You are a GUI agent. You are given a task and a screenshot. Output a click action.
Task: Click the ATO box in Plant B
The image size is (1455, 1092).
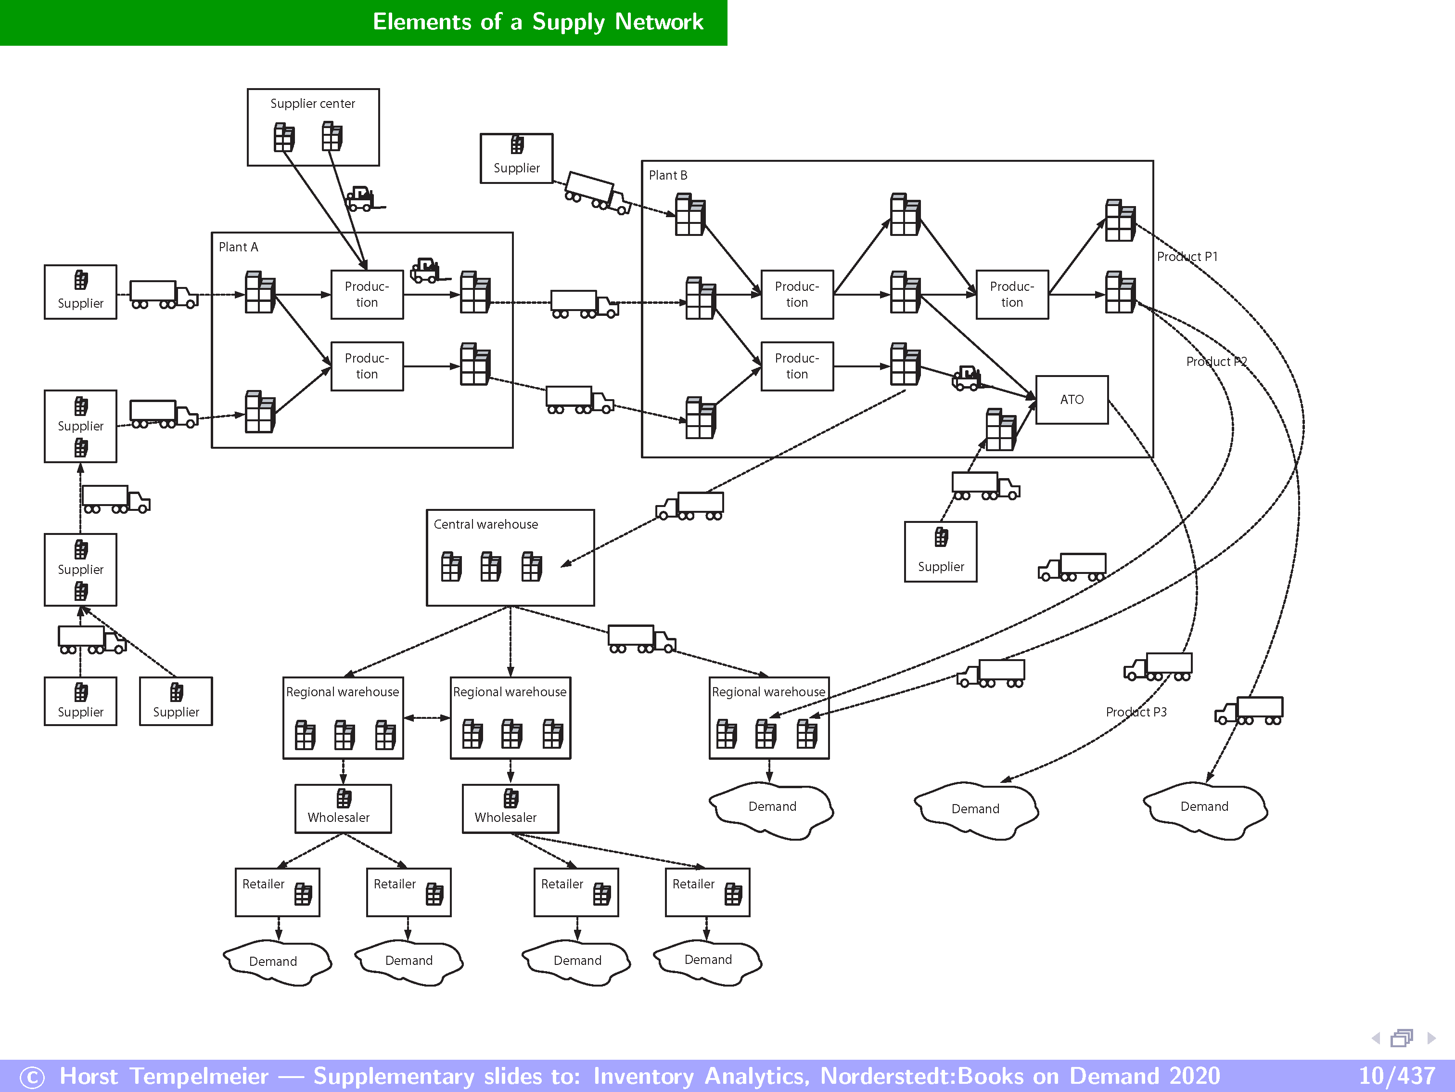point(1071,400)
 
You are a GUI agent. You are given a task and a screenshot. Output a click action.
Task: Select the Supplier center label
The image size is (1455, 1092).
point(312,104)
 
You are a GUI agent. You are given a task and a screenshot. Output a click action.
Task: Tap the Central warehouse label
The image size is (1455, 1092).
point(485,524)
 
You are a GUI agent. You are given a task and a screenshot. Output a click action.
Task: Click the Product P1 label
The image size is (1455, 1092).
point(1187,257)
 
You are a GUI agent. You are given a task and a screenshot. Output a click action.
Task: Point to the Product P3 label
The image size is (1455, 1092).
point(1136,712)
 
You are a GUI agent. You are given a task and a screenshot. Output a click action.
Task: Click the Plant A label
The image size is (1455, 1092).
point(238,247)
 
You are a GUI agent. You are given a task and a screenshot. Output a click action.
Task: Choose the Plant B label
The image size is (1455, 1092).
point(668,175)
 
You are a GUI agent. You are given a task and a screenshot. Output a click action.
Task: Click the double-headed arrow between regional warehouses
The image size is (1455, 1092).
point(426,717)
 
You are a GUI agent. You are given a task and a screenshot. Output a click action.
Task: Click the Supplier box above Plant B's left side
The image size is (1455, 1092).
point(516,158)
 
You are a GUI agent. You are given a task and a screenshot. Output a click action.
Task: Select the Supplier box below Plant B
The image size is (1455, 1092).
point(940,552)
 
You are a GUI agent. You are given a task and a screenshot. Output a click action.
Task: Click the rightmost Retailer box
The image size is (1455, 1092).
point(707,892)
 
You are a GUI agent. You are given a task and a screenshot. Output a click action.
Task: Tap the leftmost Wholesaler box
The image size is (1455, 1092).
point(343,808)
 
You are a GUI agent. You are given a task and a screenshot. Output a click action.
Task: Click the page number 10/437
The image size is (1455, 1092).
point(1396,1076)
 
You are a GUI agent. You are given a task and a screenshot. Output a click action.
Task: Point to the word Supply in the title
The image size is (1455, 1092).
point(568,22)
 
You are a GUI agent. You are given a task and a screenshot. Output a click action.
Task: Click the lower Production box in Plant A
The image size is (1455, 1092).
point(366,366)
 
